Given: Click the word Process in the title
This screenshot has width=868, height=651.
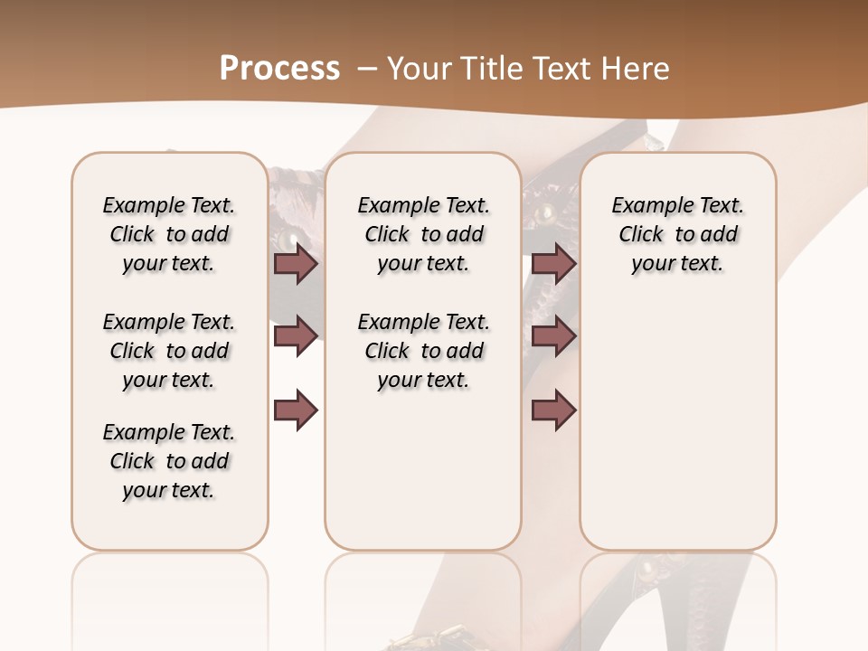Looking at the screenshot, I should tap(279, 69).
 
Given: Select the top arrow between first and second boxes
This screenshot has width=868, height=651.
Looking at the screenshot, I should tap(296, 264).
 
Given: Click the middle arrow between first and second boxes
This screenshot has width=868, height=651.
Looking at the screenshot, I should tap(296, 336).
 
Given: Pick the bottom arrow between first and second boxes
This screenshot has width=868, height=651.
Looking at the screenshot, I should tap(296, 410).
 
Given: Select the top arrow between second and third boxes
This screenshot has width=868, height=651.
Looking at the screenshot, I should tap(553, 264).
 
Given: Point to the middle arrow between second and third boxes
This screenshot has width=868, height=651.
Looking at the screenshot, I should tap(553, 336).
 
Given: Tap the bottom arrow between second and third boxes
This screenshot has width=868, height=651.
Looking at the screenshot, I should tap(553, 410).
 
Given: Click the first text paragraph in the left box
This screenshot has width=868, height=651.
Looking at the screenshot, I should tap(169, 234).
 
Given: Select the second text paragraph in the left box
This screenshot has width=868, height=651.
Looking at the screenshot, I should tap(169, 351).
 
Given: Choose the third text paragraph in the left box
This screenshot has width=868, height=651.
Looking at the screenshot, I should tap(169, 461).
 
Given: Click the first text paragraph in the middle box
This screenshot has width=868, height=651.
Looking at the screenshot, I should tap(423, 234).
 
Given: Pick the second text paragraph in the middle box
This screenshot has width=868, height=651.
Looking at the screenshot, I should tap(423, 351).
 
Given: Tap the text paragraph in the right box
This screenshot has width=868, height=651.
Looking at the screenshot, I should tap(677, 234).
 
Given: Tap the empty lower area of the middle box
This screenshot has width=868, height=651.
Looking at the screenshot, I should tap(423, 470).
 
